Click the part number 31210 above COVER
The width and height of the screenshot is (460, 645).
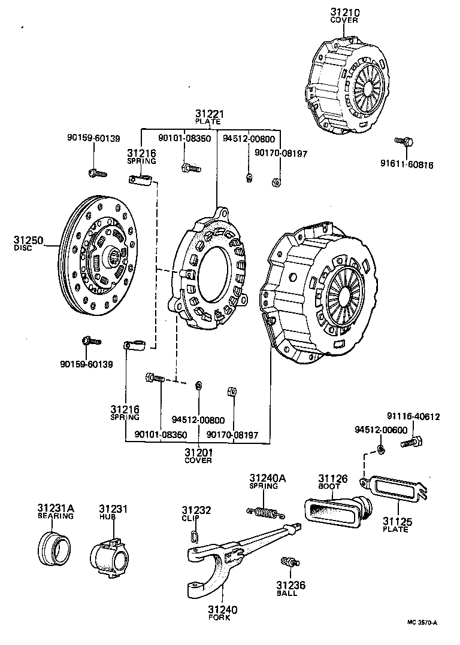[344, 12]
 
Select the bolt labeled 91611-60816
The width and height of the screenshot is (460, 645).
[404, 141]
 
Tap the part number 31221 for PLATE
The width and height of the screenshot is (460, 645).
[208, 114]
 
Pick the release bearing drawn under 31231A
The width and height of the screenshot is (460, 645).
[54, 545]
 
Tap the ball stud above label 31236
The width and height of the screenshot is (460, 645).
[289, 562]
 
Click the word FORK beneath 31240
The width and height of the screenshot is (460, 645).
[222, 619]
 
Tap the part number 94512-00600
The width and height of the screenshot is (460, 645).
[380, 429]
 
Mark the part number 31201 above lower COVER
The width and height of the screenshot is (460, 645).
[198, 452]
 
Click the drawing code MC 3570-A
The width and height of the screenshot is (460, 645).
[422, 622]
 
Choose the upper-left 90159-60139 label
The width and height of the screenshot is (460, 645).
[93, 138]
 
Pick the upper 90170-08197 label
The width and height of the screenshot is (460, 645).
[281, 153]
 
